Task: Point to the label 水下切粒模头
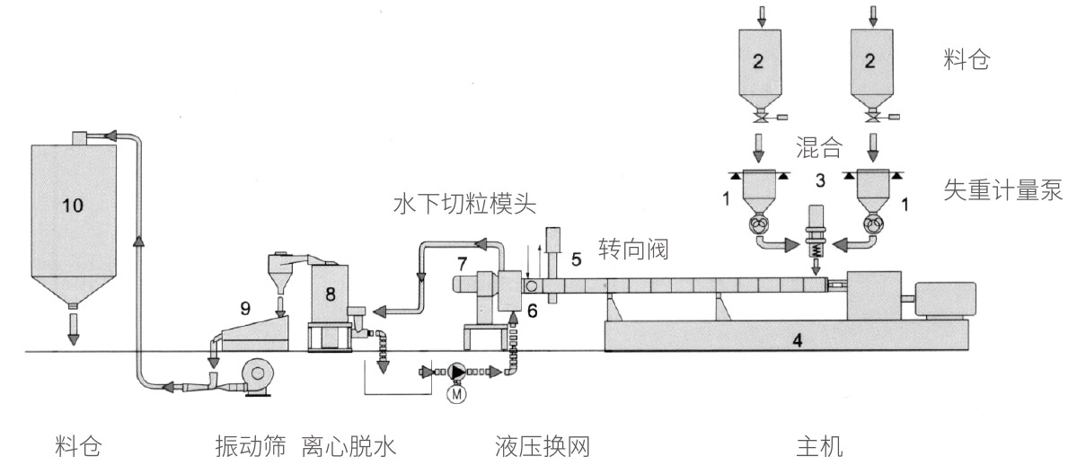[x=464, y=206]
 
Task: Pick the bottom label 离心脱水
[x=349, y=446]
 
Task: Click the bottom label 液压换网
[x=542, y=446]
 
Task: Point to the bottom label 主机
[x=819, y=446]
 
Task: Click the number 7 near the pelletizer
[x=462, y=264]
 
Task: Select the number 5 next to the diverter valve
[x=577, y=259]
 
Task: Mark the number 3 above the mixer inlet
[x=818, y=182]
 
